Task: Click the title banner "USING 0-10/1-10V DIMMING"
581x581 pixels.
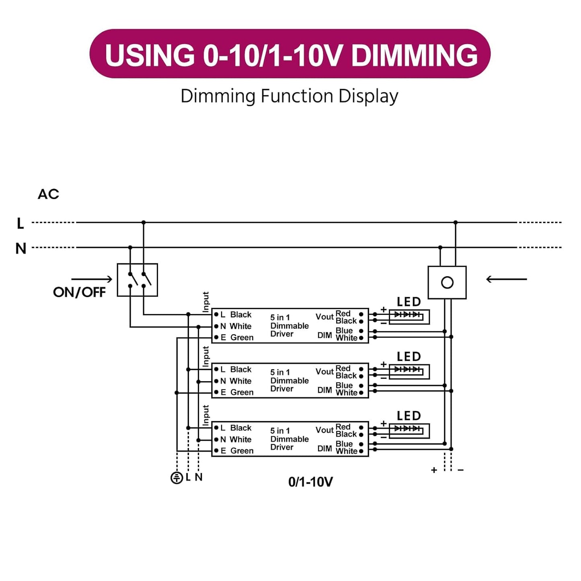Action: click(x=290, y=54)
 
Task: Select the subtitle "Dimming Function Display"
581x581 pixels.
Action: click(x=289, y=96)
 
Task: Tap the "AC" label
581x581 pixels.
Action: click(x=48, y=194)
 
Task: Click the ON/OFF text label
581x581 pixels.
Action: click(x=79, y=292)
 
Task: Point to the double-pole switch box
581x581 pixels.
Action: click(x=137, y=280)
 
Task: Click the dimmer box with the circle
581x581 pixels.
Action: click(x=447, y=282)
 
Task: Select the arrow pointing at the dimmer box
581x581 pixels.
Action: click(x=506, y=279)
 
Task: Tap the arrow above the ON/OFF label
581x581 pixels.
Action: click(x=92, y=279)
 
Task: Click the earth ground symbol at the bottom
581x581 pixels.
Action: click(x=177, y=478)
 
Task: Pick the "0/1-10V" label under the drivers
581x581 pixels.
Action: click(x=310, y=482)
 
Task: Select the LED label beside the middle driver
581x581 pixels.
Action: click(x=409, y=357)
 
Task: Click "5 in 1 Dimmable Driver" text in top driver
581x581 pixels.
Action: click(x=289, y=326)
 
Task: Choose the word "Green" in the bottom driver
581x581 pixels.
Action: click(x=242, y=451)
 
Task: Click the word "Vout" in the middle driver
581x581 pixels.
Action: click(x=324, y=372)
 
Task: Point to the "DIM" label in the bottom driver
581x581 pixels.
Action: click(x=324, y=448)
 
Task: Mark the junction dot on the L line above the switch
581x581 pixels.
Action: click(x=144, y=222)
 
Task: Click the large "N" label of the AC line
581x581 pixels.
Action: click(x=21, y=248)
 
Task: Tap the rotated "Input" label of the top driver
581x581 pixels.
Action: click(x=206, y=302)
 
